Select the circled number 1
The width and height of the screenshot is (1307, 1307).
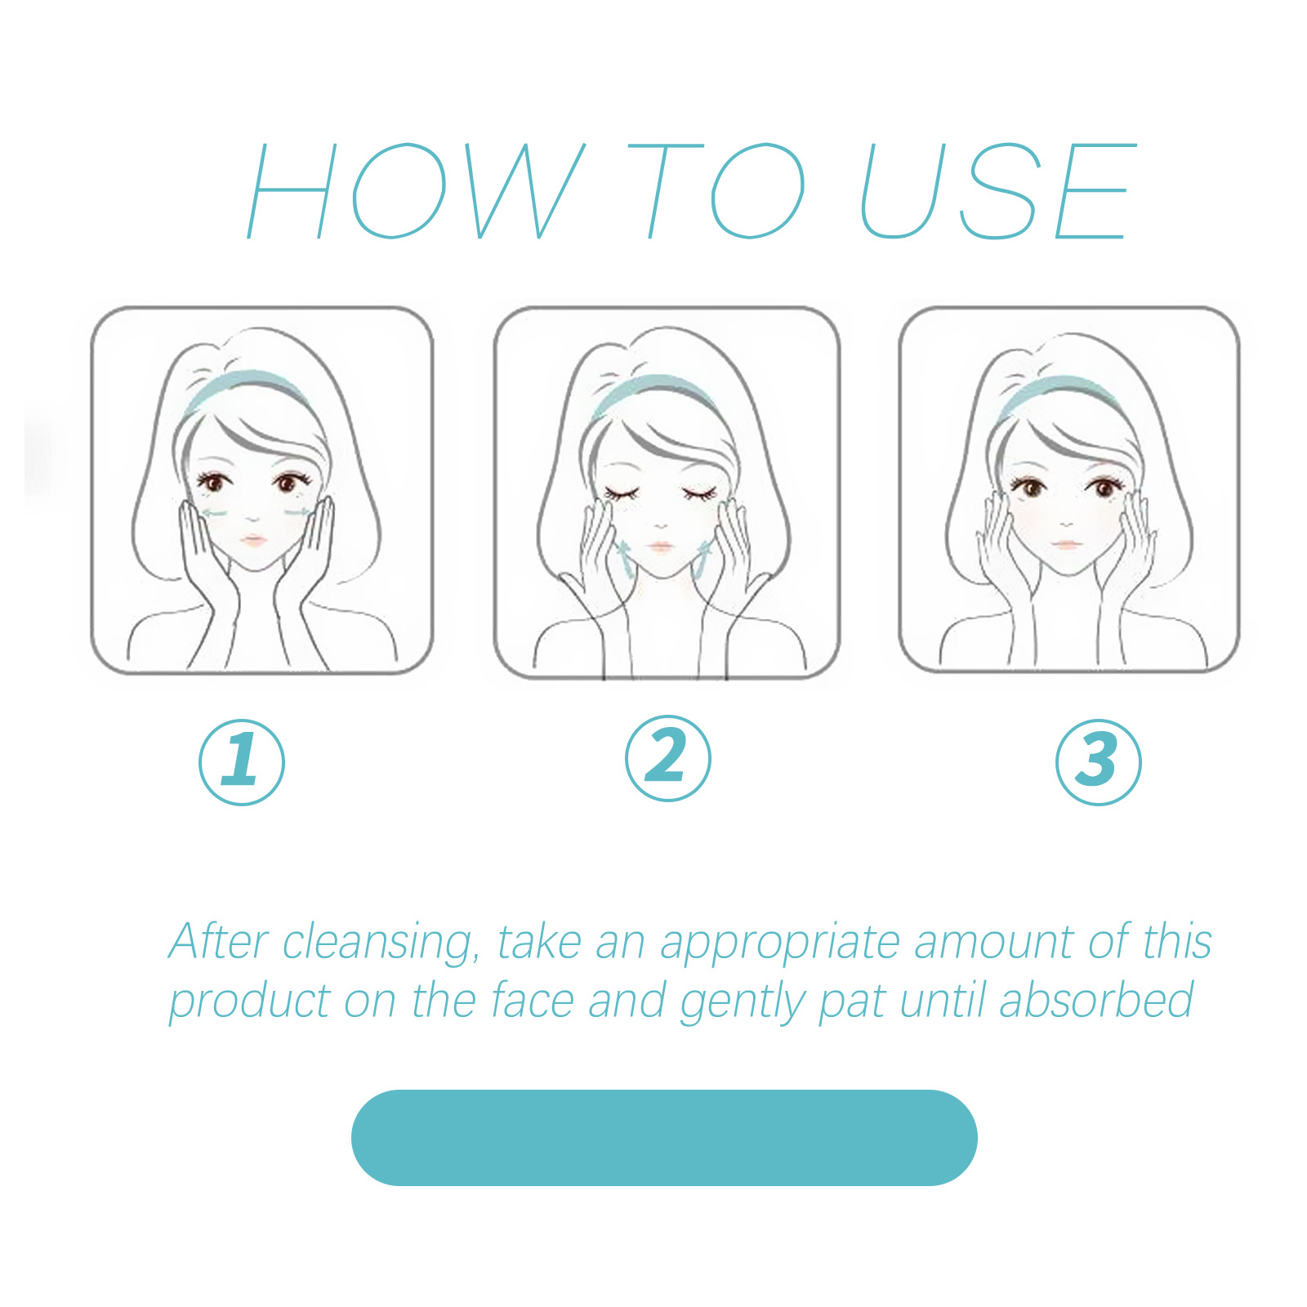coord(242,761)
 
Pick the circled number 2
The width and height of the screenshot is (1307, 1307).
coord(667,758)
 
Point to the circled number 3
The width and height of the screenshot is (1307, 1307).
coord(1098,761)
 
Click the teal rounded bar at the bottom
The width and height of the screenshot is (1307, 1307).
coord(663,1137)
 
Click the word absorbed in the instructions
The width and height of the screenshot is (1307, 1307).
coord(1096,1001)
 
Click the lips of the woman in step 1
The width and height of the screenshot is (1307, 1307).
coord(253,540)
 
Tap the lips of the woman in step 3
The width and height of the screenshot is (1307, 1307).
coord(1065,543)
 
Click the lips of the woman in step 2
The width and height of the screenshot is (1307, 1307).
coord(659,546)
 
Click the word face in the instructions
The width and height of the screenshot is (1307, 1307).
coord(532,1001)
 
